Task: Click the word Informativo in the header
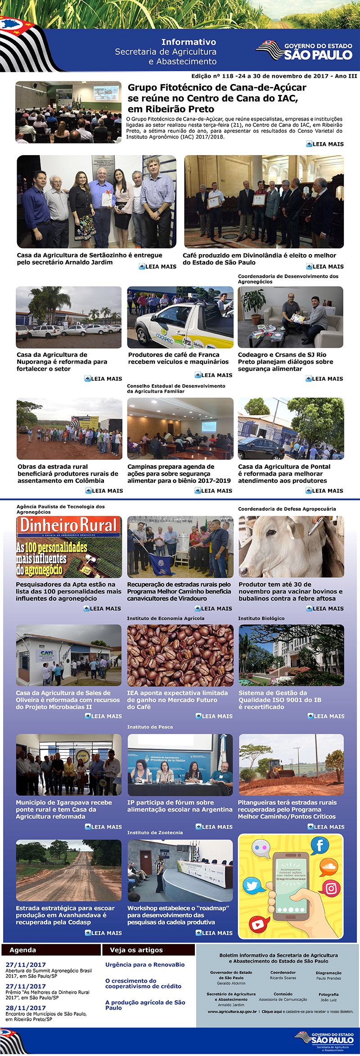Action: point(189,42)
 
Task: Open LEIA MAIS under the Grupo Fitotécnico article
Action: point(324,144)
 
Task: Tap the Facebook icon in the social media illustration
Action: point(319,845)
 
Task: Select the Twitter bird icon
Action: point(252,886)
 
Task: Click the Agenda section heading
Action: point(22,950)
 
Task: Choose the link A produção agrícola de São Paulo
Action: point(145,1005)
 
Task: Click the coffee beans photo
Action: point(180,655)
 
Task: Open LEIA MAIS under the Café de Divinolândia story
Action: point(324,266)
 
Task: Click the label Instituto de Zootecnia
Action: point(155,832)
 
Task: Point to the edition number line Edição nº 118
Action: point(274,76)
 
